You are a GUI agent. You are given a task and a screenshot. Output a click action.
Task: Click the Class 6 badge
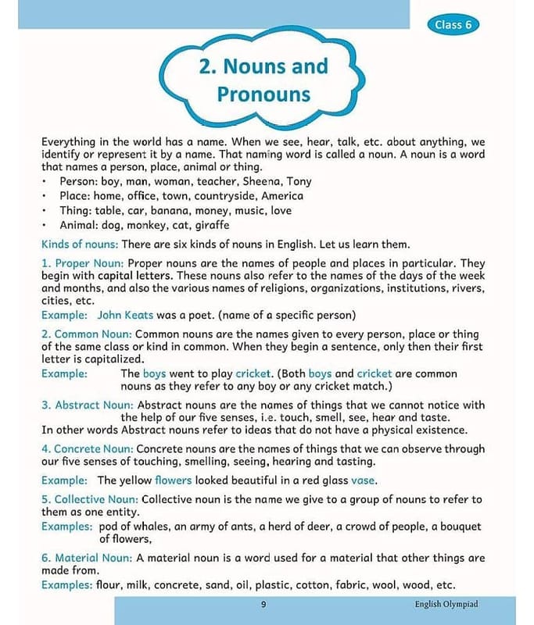[453, 24]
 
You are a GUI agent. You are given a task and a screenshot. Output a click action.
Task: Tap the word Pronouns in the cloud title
[263, 95]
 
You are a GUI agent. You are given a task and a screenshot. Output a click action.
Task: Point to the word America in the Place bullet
[281, 196]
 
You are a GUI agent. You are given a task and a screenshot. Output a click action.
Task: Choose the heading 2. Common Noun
[86, 334]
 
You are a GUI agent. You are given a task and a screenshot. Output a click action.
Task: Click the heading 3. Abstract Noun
[88, 405]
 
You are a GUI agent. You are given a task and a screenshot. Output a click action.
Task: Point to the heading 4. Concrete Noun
[88, 448]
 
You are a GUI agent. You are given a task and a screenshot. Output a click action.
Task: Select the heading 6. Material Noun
[88, 558]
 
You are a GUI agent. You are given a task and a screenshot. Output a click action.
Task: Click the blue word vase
[363, 480]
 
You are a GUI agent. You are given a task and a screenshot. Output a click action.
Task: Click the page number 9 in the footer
[263, 604]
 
